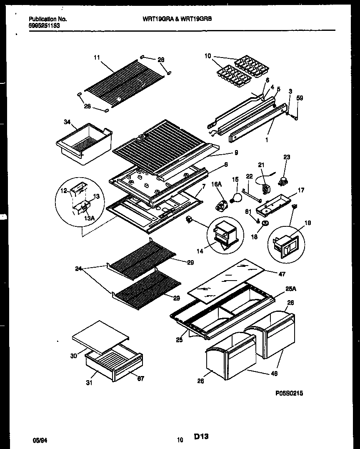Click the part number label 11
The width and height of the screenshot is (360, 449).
coord(97,58)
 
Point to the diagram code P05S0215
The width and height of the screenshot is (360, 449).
coord(289,393)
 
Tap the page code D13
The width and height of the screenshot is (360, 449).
coord(201,436)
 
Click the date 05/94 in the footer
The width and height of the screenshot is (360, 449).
coord(39,440)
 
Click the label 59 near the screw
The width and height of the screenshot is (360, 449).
coord(300,99)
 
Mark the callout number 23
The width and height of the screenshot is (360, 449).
coord(287,157)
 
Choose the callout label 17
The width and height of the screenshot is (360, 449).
coord(301,190)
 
